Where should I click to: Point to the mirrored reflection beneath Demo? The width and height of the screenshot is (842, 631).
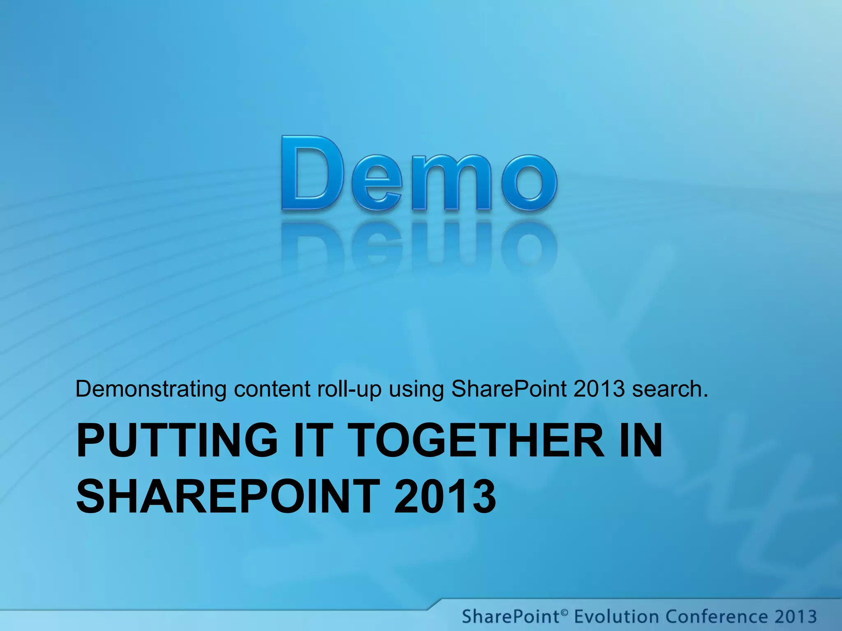point(419,246)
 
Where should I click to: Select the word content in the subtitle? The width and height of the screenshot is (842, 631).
point(272,389)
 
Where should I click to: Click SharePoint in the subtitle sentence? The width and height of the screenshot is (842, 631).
point(509,389)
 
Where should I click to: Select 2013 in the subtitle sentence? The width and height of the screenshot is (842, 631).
point(599,389)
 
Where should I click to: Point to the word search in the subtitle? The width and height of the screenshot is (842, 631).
point(669,389)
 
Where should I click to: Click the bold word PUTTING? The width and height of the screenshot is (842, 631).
point(177,440)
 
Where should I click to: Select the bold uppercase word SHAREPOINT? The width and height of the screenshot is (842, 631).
point(228,497)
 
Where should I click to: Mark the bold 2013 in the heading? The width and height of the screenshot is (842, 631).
point(445,497)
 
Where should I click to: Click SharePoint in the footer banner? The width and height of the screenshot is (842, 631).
point(510,617)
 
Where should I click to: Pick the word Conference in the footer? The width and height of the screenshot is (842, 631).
point(716,617)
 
